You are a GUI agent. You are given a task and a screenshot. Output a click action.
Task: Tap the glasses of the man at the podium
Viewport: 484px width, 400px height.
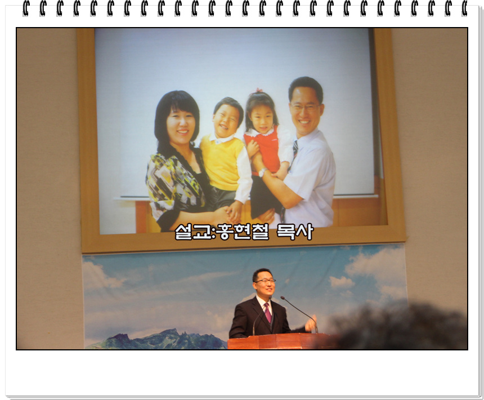(x=265, y=281)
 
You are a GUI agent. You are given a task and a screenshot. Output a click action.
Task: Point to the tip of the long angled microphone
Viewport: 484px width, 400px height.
(x=283, y=298)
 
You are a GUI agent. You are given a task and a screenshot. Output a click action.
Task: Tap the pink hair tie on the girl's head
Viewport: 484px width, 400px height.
(x=258, y=90)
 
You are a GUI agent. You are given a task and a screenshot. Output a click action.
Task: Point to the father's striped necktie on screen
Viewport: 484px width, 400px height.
(x=295, y=148)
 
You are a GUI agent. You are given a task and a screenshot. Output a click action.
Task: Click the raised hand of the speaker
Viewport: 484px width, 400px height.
(x=310, y=323)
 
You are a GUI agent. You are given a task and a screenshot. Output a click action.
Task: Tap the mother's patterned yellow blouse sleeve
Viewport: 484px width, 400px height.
(x=160, y=186)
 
